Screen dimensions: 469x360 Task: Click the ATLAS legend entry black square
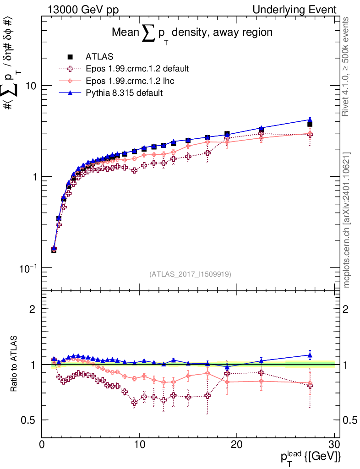(x=70, y=57)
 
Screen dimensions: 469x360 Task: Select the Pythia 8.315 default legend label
(x=124, y=93)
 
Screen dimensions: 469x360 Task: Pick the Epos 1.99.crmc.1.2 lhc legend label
(x=130, y=81)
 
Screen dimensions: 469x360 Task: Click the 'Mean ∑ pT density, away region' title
(x=192, y=33)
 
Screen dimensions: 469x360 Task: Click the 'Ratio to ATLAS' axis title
(x=15, y=364)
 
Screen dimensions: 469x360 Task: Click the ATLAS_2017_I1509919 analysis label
(x=190, y=274)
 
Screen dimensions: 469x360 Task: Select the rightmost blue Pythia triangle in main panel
(x=310, y=120)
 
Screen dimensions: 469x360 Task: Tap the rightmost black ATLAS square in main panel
(x=310, y=124)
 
